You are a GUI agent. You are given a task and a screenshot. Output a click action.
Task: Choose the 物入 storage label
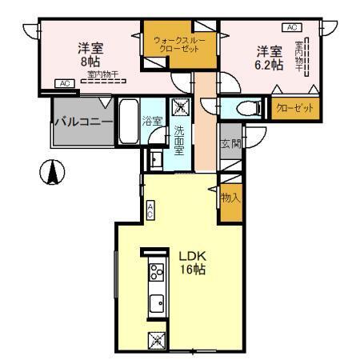click(230, 196)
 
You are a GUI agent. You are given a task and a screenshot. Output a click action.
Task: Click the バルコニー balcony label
click(82, 122)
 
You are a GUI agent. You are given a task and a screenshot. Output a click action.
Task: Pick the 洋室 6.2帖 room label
click(270, 58)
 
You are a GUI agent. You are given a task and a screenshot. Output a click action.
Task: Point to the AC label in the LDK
click(150, 210)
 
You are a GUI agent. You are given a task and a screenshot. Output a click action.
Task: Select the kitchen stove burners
click(156, 274)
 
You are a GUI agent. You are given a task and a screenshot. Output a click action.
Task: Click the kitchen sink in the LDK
click(156, 303)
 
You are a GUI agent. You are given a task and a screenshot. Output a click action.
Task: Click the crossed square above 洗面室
click(179, 107)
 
